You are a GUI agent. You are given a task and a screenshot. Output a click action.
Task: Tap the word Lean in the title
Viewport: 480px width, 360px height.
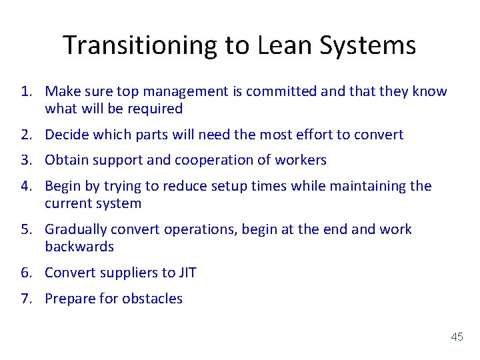point(295,45)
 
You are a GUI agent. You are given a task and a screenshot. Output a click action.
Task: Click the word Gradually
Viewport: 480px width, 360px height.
point(76,229)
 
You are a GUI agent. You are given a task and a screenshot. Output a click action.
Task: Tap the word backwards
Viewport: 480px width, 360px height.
point(79,247)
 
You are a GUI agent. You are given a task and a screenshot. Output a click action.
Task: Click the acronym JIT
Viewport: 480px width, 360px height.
point(187,273)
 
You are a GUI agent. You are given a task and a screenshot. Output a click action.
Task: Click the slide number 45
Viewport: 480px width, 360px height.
point(457,337)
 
